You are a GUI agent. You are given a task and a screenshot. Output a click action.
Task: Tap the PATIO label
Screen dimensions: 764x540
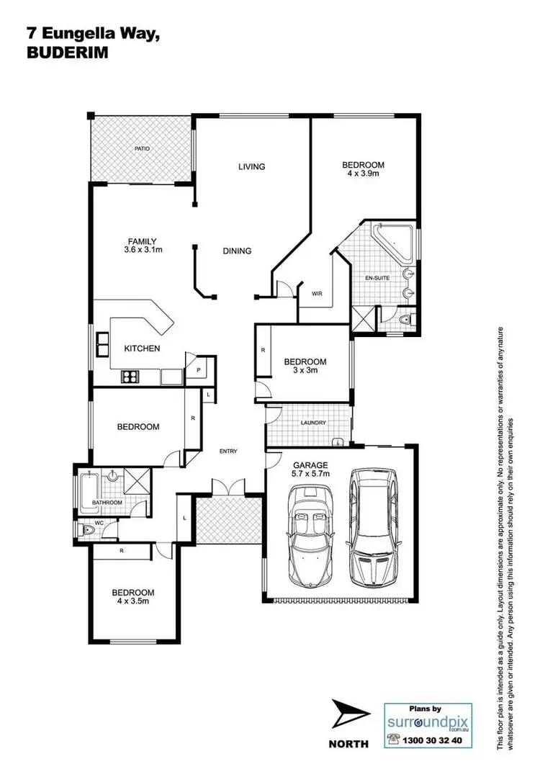coord(141,149)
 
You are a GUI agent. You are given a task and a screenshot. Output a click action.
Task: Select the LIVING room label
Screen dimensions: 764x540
coord(252,166)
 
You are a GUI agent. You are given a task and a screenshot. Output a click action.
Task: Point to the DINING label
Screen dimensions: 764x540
coord(237,251)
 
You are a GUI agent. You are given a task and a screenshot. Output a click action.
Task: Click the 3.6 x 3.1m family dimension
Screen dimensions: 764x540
coord(143,251)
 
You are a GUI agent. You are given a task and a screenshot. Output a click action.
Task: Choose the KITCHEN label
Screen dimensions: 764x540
coord(142,349)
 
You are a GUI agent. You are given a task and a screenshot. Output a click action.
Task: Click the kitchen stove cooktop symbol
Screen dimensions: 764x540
coord(130,375)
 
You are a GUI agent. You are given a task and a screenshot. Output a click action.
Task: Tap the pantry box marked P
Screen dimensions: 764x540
coord(199,369)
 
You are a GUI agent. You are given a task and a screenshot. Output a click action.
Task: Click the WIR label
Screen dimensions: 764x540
coord(317,294)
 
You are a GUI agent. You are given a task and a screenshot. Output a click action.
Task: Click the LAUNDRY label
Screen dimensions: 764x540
coord(314,423)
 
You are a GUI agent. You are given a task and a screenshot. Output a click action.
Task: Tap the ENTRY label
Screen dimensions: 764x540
coord(228,451)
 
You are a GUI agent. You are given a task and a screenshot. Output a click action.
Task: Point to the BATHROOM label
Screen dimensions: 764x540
coord(106,502)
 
